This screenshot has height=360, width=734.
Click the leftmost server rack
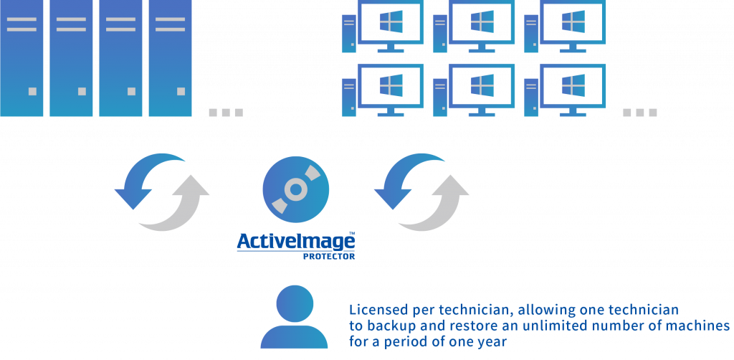pos(22,58)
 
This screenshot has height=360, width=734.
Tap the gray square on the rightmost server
pos(181,91)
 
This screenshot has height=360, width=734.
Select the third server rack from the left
pos(120,58)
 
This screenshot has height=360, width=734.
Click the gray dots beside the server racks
pos(226,113)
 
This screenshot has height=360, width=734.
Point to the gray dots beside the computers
pos(639,113)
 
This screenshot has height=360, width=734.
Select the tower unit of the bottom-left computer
pos(349,98)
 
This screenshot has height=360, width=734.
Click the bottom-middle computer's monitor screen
pos(482,85)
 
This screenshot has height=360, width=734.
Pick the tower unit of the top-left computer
pos(349,34)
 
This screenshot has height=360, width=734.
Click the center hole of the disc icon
pos(296,189)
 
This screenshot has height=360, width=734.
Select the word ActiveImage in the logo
pos(296,242)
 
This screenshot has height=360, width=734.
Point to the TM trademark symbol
pos(351,232)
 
